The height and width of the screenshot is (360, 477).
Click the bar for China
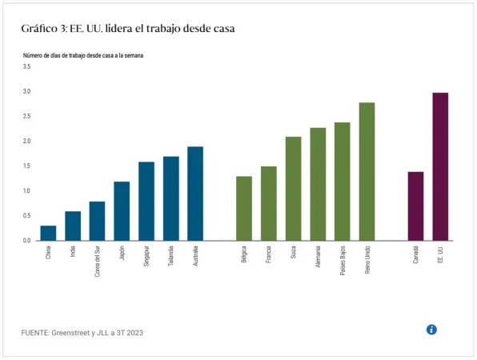coord(48,233)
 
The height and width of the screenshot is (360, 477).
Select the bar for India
coord(73,226)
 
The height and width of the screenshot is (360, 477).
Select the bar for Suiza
coord(293,189)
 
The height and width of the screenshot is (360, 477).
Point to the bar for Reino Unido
coord(367,171)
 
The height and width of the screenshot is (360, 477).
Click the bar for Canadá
coord(415,206)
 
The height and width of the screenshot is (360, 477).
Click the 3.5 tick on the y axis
coord(26,66)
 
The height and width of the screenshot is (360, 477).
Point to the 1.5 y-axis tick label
coord(26,166)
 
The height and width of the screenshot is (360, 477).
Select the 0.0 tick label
coord(26,241)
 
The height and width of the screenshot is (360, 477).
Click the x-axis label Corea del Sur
coord(98,262)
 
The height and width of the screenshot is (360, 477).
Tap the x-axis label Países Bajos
coord(343,262)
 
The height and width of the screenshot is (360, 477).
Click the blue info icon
coord(431,330)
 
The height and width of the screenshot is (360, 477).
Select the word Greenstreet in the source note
coord(82,331)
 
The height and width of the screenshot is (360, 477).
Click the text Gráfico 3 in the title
coord(45,28)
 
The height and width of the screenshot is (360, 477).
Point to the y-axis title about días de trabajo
coord(82,55)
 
